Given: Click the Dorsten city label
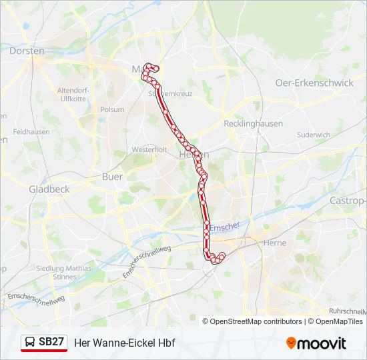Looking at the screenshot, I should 27,51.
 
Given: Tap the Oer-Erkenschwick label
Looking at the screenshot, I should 314,83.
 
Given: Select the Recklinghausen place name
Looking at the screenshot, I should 253,123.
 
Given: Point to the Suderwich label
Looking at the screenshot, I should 314,135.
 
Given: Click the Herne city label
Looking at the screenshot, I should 275,243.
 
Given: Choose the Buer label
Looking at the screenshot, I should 112,177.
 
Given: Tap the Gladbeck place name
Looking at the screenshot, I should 49,189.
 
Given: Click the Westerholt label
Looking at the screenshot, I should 149,149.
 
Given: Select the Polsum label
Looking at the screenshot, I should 111,109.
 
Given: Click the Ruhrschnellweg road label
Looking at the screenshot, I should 347,311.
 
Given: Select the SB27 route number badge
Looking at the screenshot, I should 51,342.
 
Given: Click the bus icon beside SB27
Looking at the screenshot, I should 30,342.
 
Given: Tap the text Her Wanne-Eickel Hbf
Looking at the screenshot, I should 124,343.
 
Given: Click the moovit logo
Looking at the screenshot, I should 316,343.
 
